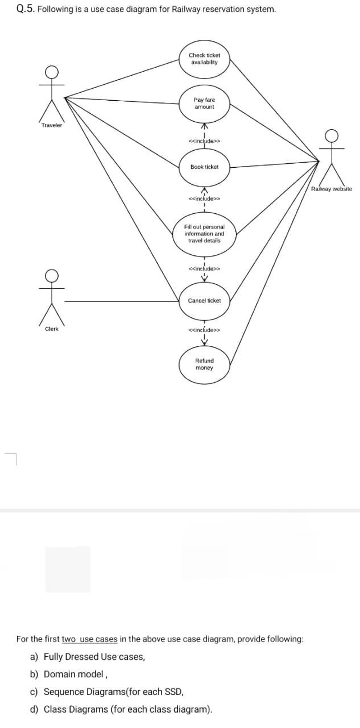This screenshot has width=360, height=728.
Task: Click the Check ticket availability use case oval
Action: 204,58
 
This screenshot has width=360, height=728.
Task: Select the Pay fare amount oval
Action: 204,103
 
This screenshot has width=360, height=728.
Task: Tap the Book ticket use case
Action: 204,167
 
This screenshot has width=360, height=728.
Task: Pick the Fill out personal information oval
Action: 204,233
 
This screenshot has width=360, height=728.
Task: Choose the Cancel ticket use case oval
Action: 204,300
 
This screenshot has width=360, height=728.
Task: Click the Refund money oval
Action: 204,364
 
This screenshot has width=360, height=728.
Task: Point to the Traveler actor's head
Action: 52,72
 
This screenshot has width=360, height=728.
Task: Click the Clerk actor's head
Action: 52,276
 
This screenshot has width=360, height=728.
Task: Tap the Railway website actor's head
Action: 331,135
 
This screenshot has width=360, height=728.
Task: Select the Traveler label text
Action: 52,125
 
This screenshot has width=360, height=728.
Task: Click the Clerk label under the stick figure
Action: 52,329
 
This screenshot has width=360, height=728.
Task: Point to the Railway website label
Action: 332,189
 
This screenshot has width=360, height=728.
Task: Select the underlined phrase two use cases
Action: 89,639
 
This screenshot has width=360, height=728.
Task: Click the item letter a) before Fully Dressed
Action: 34,657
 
